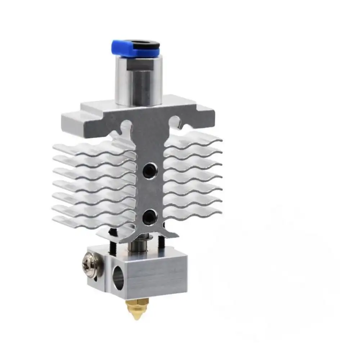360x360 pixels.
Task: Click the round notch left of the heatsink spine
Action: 125,126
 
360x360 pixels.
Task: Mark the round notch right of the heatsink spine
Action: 174,120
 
